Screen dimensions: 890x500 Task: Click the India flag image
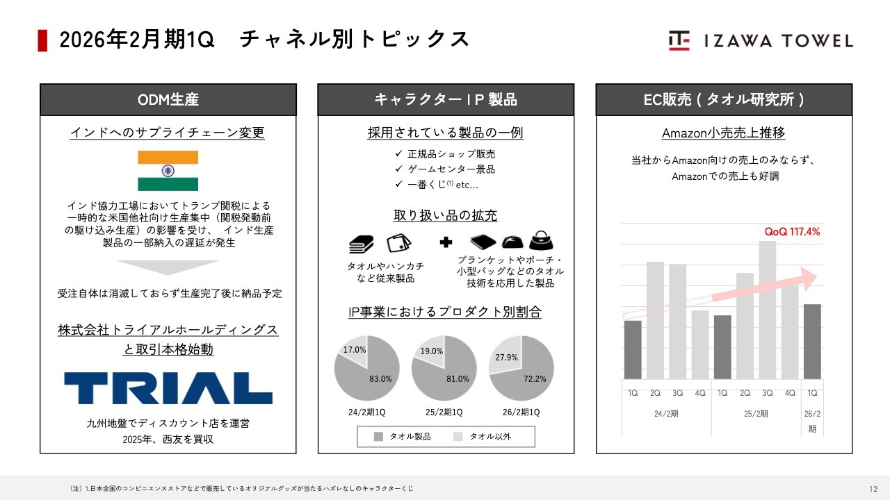(168, 171)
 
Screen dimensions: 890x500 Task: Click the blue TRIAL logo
(168, 388)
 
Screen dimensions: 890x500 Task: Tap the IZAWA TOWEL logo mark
(679, 40)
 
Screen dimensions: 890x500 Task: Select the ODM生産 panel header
(168, 99)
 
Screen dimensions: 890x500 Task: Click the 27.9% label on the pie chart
(507, 358)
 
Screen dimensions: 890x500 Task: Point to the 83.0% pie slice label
(380, 379)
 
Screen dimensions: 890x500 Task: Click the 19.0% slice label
(432, 351)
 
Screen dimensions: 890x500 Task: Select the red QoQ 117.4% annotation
(792, 232)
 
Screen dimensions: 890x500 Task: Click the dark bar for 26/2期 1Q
(812, 342)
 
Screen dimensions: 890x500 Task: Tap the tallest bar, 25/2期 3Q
(767, 310)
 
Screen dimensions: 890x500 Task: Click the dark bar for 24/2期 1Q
(633, 350)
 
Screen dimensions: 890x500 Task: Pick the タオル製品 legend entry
(402, 437)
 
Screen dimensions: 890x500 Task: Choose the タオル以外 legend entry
(482, 437)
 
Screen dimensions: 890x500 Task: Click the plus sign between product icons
(446, 242)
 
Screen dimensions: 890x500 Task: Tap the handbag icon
(541, 240)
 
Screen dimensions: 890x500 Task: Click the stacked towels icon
(361, 244)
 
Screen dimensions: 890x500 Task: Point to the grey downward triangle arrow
(168, 267)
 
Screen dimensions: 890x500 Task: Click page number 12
(873, 489)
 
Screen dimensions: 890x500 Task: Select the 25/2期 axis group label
(756, 413)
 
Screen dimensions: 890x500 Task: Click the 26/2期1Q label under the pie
(521, 412)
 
